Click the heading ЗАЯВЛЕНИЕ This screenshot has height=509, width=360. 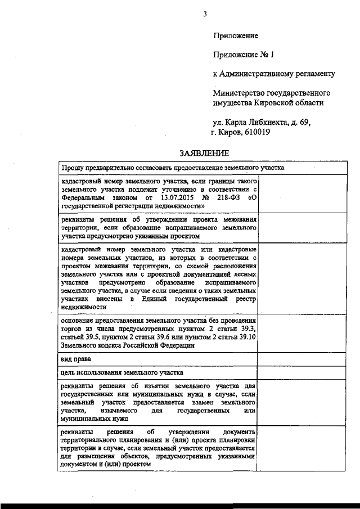click(x=204, y=153)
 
